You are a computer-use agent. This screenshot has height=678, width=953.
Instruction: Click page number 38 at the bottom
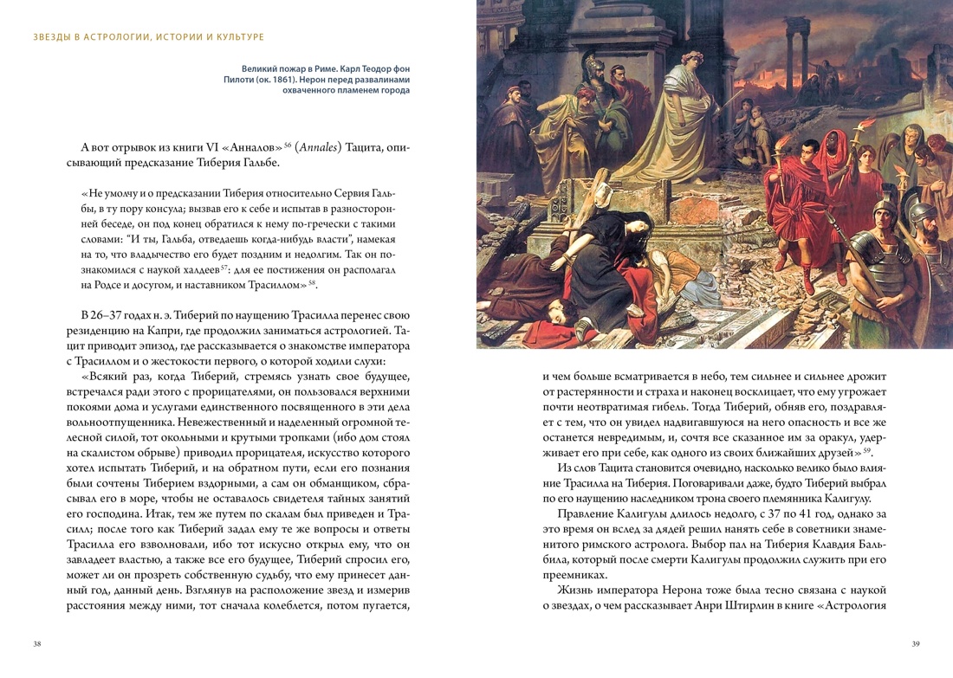click(37, 644)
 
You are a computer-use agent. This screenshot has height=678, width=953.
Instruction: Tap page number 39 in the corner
click(916, 644)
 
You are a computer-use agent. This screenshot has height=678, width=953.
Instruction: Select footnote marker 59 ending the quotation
click(866, 449)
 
